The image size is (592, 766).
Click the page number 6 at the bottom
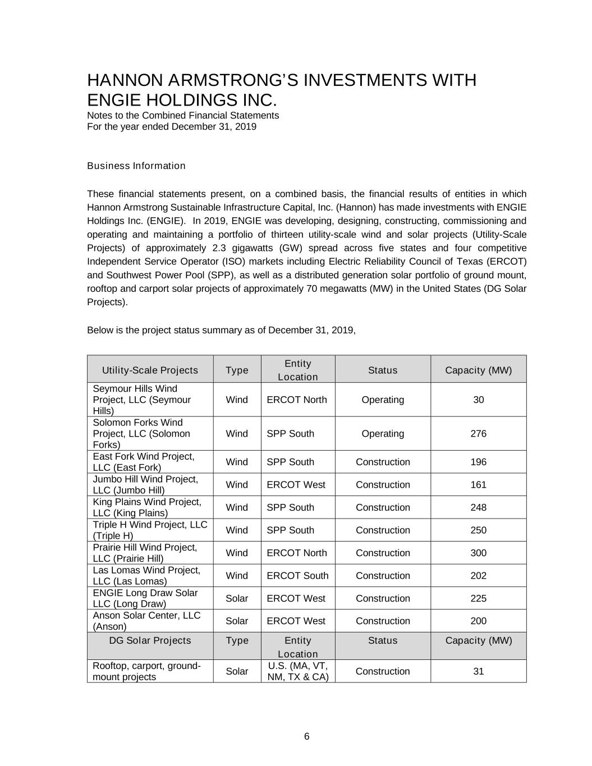pos(306,736)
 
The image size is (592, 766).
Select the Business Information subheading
pos(136,166)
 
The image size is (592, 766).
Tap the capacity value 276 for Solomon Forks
pos(478,434)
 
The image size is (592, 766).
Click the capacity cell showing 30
pos(478,400)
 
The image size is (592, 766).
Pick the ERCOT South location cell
pos(297,576)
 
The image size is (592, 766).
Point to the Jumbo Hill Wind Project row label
pos(145,484)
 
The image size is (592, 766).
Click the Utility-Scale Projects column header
pos(150,370)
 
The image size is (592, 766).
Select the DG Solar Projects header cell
pos(150,640)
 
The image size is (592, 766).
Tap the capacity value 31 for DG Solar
pos(478,671)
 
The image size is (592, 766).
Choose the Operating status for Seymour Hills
pos(383,400)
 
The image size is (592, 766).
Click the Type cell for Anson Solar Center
pos(237,621)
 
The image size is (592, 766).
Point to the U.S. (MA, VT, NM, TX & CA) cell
pos(297,671)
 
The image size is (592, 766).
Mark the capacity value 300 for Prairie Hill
pos(478,553)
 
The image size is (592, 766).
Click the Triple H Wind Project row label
pos(150,530)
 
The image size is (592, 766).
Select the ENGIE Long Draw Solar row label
pos(145,598)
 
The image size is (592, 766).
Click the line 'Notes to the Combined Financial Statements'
pos(183,115)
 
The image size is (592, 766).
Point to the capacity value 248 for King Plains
pos(478,507)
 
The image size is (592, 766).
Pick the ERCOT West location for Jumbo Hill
pos(296,484)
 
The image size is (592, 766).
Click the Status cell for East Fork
pos(383,462)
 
